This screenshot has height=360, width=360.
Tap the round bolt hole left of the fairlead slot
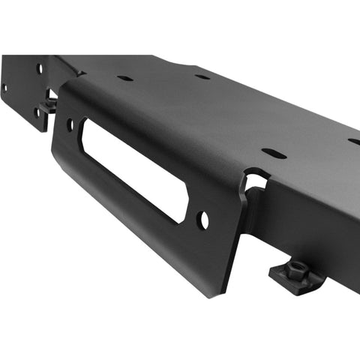[x=70, y=124]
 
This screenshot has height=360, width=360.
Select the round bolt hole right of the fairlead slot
[x=203, y=220]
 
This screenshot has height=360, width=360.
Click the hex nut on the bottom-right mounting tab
[x=294, y=273]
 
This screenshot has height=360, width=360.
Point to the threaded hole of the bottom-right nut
[x=294, y=271]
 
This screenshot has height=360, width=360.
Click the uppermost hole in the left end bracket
[x=40, y=68]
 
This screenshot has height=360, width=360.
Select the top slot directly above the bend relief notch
[x=274, y=154]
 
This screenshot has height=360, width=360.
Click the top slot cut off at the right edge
[x=354, y=141]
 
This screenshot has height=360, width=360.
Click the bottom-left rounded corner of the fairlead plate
[x=57, y=157]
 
